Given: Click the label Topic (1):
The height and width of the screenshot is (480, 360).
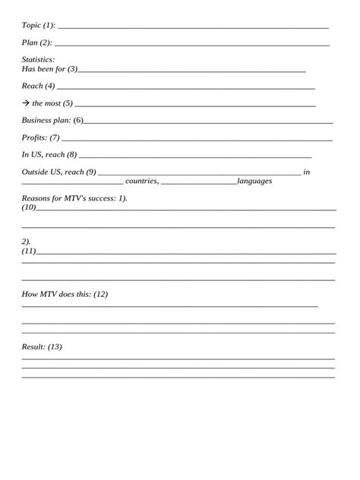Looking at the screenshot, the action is [x=39, y=25].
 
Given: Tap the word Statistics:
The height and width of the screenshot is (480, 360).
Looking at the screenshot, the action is [x=38, y=59].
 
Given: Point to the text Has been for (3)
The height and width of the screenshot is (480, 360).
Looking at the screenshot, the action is [x=49, y=69].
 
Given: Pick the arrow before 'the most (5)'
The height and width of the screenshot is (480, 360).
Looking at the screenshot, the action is [x=25, y=103].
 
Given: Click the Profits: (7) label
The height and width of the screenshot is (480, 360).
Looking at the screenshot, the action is [x=40, y=137].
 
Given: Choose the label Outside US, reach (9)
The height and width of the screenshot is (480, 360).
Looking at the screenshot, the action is [x=59, y=172].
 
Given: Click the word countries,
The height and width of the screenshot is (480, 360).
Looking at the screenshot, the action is [x=142, y=181].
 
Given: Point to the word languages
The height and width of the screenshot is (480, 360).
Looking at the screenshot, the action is [x=254, y=181].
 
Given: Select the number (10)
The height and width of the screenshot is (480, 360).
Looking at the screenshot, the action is [x=29, y=207].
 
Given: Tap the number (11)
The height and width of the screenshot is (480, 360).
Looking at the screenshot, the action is [x=29, y=250].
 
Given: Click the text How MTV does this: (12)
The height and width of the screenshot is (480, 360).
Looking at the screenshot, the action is [x=65, y=294].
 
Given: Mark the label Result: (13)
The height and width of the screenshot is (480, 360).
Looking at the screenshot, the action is [x=42, y=346].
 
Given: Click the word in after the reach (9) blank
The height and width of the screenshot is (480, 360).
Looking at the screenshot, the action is [x=307, y=172].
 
